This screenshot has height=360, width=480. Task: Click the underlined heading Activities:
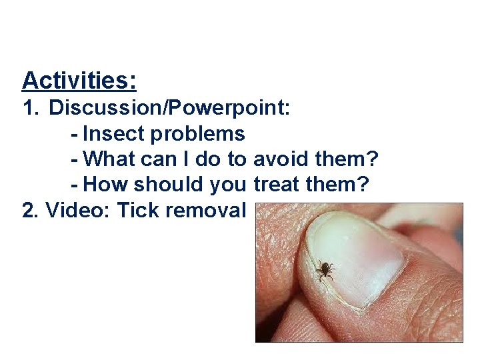coord(79,81)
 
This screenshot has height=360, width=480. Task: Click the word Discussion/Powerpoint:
coord(169,108)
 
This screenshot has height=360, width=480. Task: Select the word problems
coord(197,134)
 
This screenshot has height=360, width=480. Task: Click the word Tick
coord(138,210)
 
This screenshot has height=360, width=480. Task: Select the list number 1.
coord(30,108)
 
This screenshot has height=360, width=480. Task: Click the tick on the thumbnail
coord(325,269)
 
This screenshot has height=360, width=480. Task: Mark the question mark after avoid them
coord(373,159)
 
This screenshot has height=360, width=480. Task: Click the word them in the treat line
coord(337,185)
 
